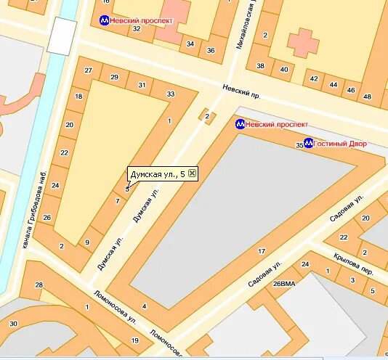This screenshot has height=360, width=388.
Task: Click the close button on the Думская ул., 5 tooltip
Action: (192, 173)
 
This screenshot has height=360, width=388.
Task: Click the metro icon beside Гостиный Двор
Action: (308, 143)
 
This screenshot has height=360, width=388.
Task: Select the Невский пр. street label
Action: (241, 95)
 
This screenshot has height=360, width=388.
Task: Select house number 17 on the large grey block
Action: (261, 251)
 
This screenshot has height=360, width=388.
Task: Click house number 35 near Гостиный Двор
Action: (299, 146)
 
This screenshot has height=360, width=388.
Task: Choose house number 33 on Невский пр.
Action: (170, 94)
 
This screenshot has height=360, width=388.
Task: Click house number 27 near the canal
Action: (88, 70)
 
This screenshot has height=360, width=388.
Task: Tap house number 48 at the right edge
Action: (367, 97)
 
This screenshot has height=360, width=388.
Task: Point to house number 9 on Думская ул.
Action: (87, 242)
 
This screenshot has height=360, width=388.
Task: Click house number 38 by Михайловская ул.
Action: (260, 66)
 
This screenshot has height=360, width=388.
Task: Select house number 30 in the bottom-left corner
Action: (13, 323)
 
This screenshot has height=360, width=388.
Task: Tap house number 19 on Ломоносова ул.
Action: (134, 340)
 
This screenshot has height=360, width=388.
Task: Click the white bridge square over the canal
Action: (62, 36)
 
